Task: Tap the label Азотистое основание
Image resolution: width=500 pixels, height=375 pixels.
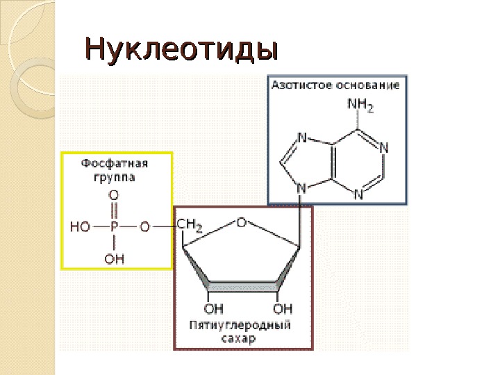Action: [x=335, y=85]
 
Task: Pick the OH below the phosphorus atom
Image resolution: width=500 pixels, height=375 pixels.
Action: [x=115, y=259]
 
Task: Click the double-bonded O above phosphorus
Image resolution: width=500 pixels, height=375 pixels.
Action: [x=114, y=197]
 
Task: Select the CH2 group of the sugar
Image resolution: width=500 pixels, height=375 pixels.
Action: [x=190, y=226]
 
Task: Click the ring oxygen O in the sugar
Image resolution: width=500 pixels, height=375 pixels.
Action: [x=241, y=222]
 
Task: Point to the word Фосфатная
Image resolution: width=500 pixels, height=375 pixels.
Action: [x=116, y=164]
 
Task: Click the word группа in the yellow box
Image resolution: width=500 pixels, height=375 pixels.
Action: [x=115, y=177]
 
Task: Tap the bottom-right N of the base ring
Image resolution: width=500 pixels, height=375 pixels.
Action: [x=359, y=194]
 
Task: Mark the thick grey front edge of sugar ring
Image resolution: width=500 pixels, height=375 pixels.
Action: [x=243, y=286]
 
